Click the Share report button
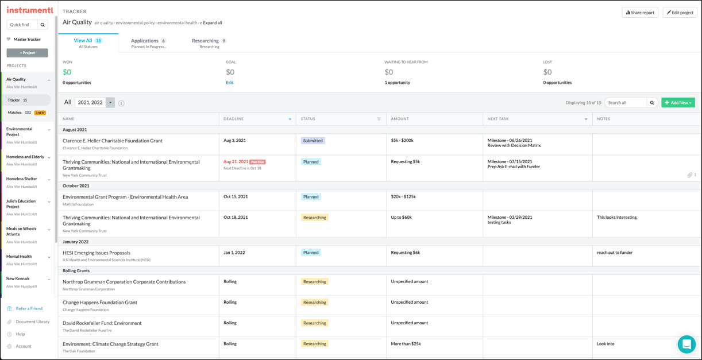(x=640, y=13)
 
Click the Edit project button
(x=680, y=13)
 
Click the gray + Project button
(x=27, y=53)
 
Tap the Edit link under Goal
(x=229, y=83)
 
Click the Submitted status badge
(x=313, y=141)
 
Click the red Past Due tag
(x=257, y=162)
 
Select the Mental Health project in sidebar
(x=19, y=257)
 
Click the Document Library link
(x=32, y=322)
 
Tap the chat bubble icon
(x=686, y=344)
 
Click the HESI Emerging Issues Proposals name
(x=97, y=253)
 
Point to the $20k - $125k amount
(x=403, y=197)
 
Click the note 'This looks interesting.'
(x=617, y=218)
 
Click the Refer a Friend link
(x=29, y=308)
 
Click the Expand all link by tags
(x=212, y=23)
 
